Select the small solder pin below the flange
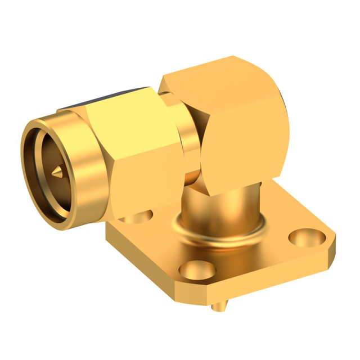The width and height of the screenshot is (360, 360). pyautogui.click(x=220, y=307)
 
